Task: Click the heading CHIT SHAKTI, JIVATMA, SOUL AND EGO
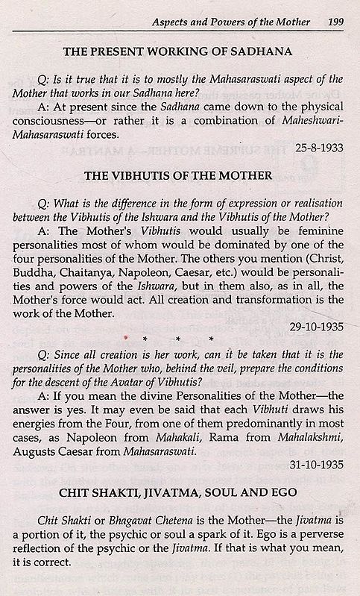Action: tap(180, 492)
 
